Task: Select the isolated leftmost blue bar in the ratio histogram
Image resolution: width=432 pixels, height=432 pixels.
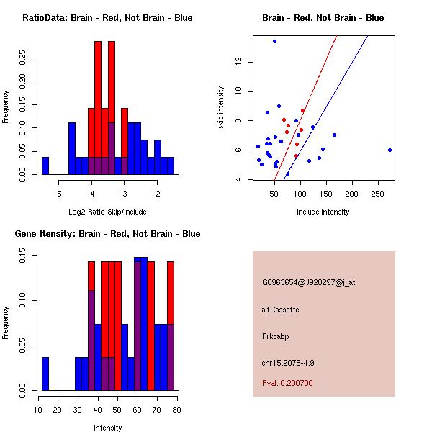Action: (45, 166)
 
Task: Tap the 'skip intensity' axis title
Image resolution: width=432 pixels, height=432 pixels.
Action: (221, 108)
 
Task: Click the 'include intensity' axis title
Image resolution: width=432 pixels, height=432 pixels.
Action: (323, 212)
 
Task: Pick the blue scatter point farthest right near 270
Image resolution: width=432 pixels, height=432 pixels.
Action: (390, 150)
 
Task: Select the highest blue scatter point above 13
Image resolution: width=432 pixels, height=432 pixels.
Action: (274, 41)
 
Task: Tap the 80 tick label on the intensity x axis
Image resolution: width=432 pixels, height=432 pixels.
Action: (176, 410)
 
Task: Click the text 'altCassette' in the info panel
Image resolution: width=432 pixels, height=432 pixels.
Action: (281, 309)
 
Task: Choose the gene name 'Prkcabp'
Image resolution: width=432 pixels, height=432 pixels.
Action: (276, 336)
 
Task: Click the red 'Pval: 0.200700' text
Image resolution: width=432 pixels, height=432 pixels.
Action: (287, 383)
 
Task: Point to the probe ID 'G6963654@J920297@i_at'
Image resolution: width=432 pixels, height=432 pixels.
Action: (308, 282)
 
